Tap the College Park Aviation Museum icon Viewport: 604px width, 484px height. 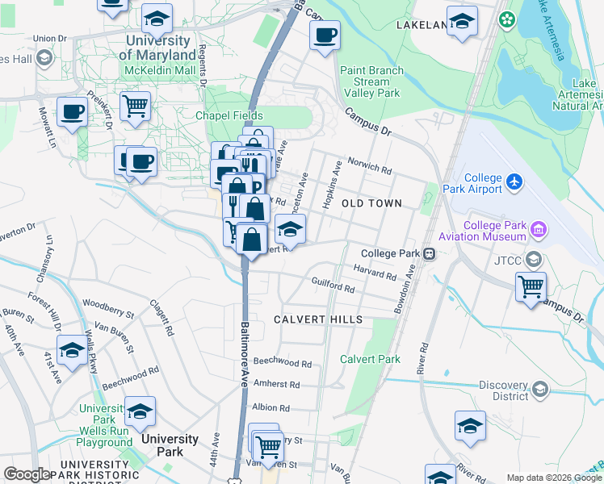coord(539,232)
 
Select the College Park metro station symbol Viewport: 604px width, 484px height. coord(430,253)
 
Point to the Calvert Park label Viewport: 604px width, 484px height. coord(370,359)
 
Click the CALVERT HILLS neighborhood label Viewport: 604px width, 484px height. coord(318,319)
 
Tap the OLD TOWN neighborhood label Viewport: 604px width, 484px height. coord(371,203)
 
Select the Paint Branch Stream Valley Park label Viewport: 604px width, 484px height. coord(371,81)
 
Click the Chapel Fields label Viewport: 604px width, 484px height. coord(229,115)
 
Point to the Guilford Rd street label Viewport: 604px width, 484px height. coord(333,284)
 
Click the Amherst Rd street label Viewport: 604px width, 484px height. coord(276,385)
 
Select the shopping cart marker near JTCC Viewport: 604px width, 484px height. coord(531,286)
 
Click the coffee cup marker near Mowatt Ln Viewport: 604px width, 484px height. coord(72,111)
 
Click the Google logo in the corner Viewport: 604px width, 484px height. coord(27,474)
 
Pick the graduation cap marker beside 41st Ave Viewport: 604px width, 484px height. coord(72,350)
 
